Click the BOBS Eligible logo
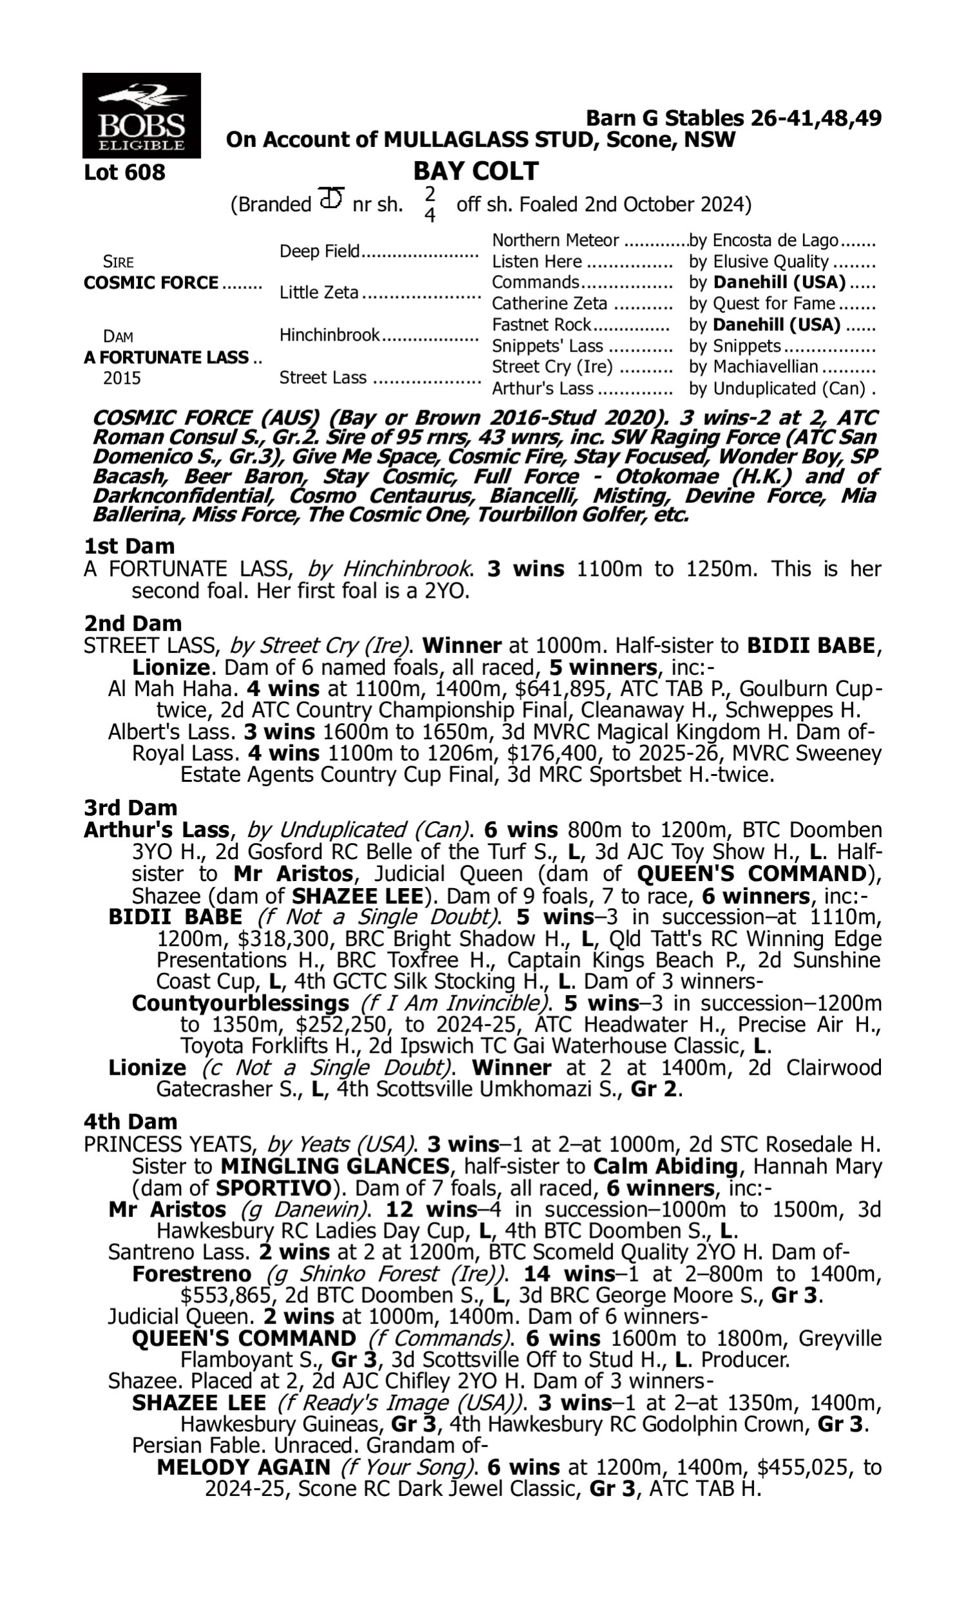[141, 115]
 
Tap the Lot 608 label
[124, 173]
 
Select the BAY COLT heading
[475, 171]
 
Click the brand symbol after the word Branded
[331, 198]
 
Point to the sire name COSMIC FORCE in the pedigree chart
[151, 283]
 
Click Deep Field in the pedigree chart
[319, 251]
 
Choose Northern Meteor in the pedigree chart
[555, 241]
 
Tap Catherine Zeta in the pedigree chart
[549, 304]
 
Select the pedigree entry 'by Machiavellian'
[753, 367]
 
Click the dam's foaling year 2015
[122, 378]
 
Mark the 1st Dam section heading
[129, 546]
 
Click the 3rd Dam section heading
[130, 808]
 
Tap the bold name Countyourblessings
[240, 1003]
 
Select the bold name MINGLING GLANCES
[335, 1166]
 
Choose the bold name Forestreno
[191, 1274]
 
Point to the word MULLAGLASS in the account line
[455, 139]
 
